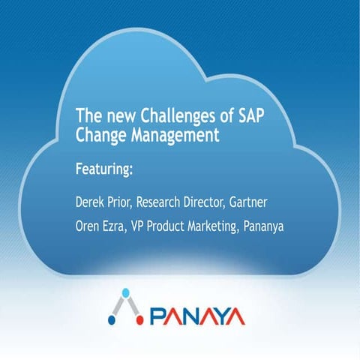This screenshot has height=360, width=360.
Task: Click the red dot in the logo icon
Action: point(139,321)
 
